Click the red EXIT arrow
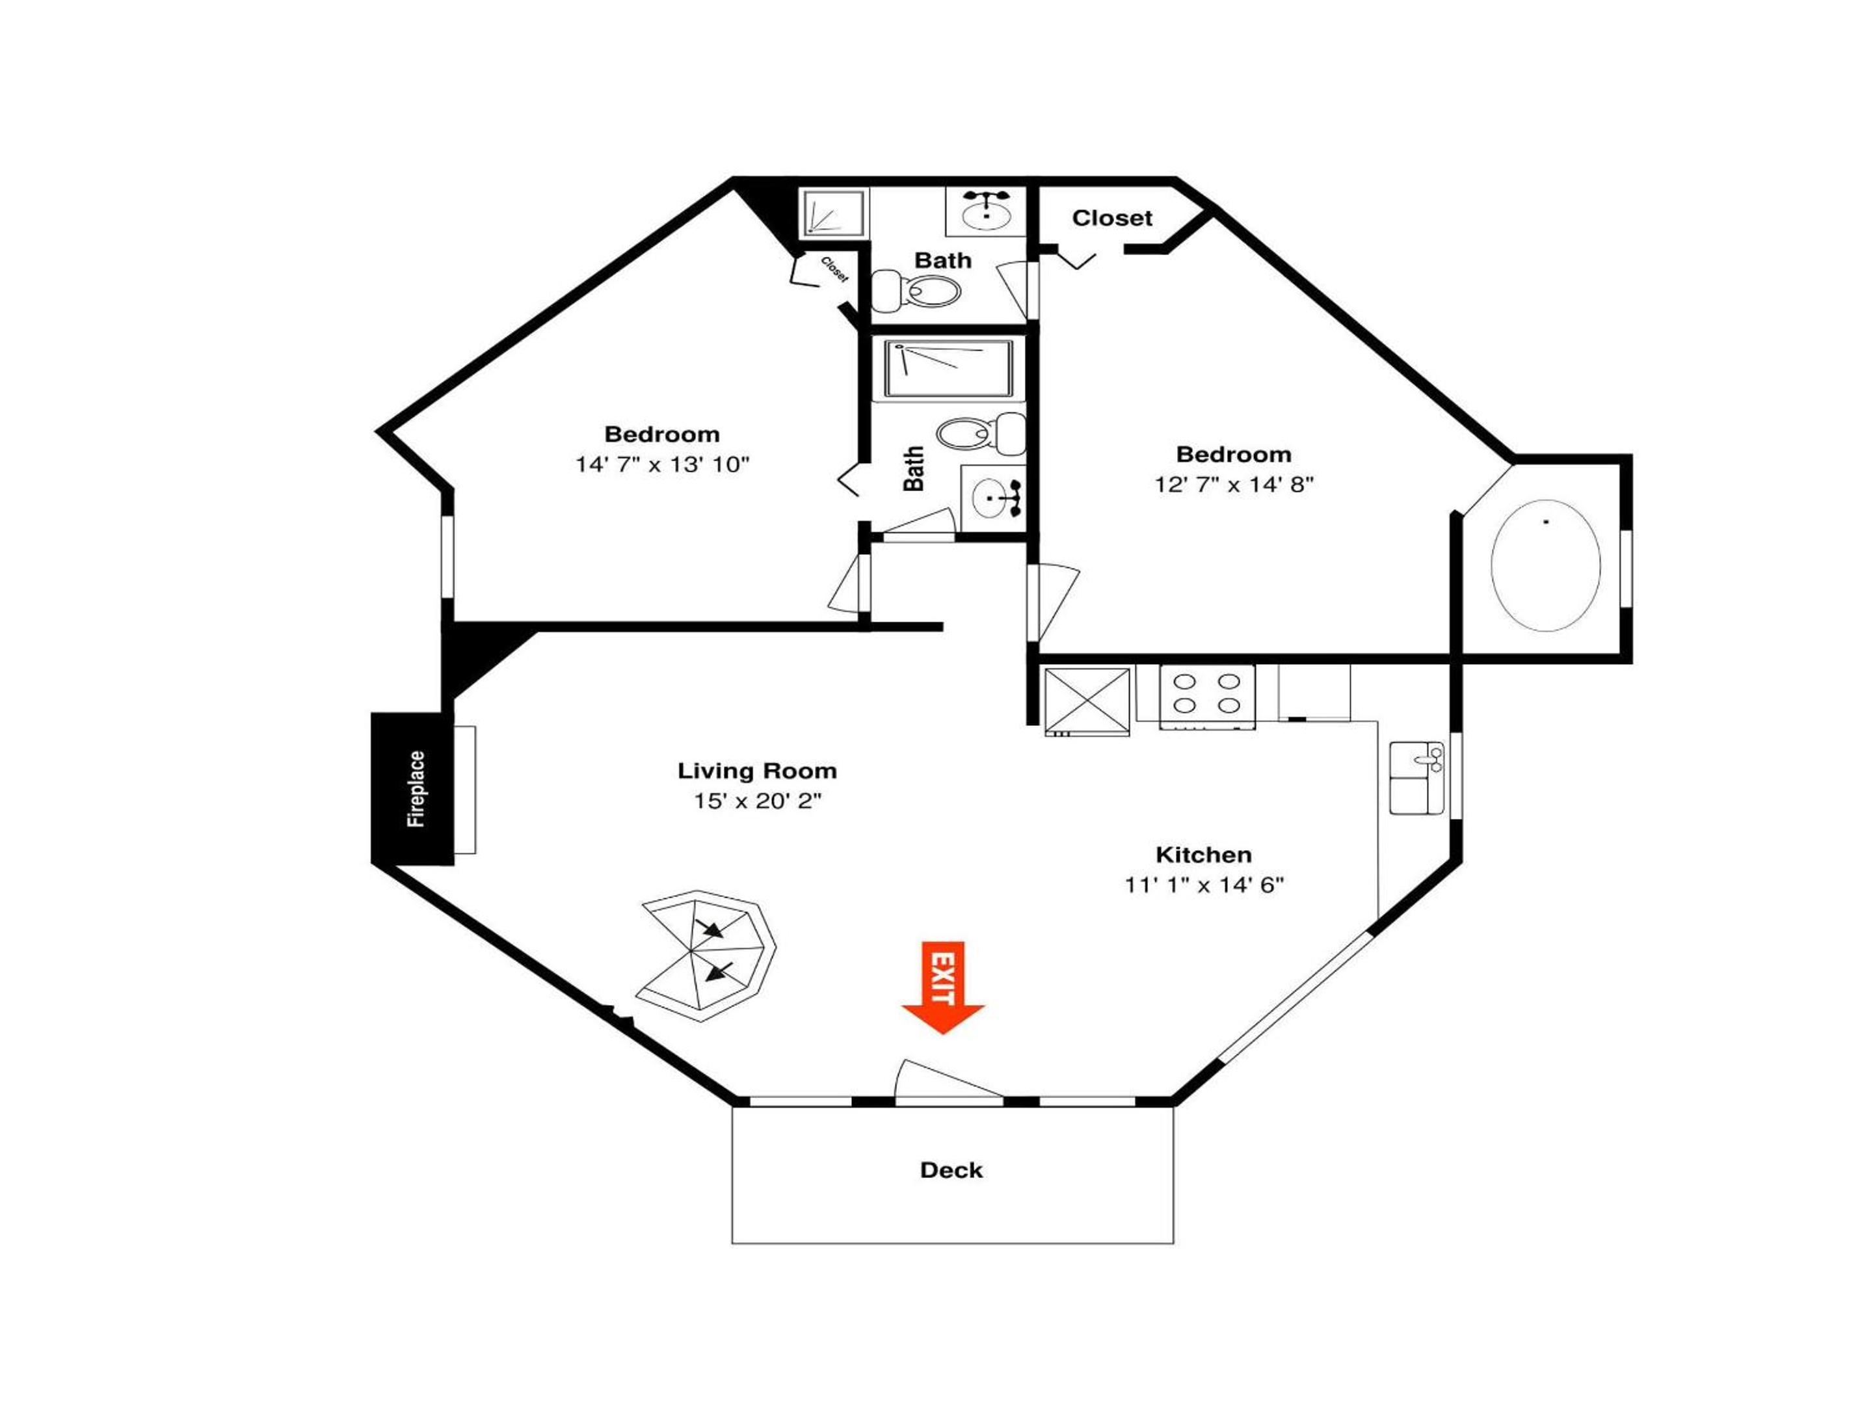[x=942, y=987]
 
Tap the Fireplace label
[x=416, y=788]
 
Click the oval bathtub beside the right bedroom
[x=1545, y=565]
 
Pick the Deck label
[x=951, y=1170]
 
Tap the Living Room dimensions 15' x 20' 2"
[x=758, y=800]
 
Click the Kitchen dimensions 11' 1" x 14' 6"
[x=1204, y=885]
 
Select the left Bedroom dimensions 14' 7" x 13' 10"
[x=663, y=464]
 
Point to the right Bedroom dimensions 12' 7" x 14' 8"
[x=1234, y=485]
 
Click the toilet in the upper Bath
[x=916, y=289]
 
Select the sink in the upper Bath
[x=987, y=210]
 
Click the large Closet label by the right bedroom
[x=1112, y=219]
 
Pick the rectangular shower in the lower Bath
[x=948, y=368]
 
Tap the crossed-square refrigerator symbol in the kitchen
[x=1087, y=701]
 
